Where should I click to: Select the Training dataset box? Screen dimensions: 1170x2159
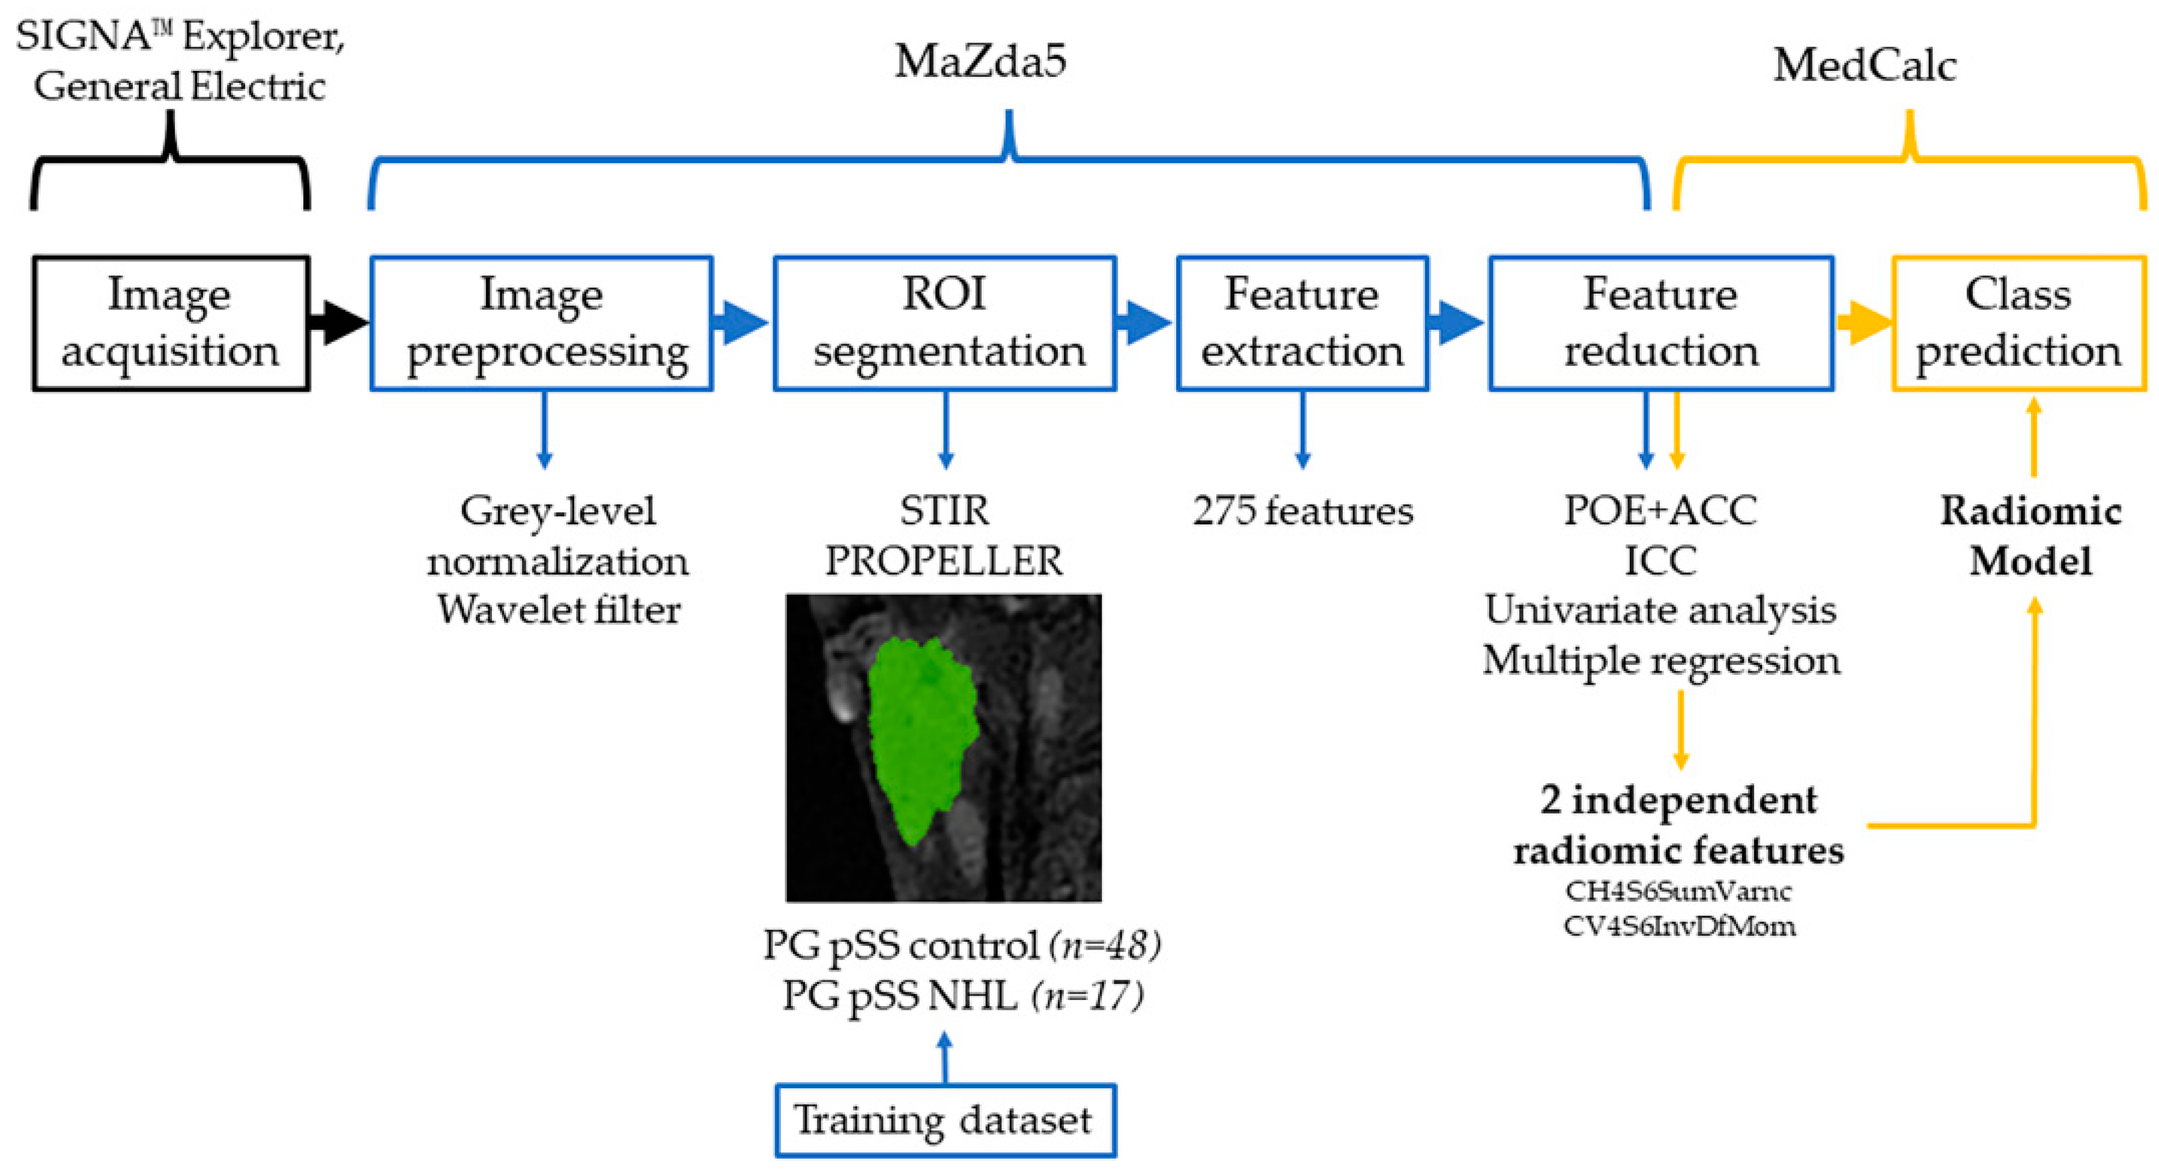(944, 1121)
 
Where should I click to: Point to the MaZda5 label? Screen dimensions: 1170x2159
(980, 62)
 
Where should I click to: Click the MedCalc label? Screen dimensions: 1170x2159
(1864, 65)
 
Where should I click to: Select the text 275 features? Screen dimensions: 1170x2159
(1302, 511)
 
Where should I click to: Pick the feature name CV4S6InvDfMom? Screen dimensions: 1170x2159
(1680, 926)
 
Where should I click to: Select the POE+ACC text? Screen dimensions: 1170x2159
(1660, 511)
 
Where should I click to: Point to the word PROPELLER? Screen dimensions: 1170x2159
(944, 561)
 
